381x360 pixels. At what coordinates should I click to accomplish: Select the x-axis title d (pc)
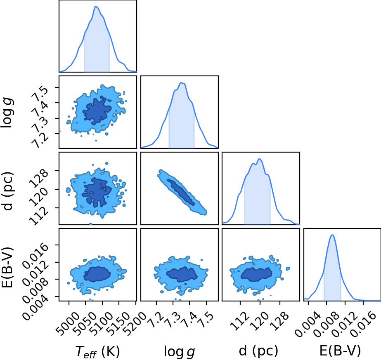pos(258,351)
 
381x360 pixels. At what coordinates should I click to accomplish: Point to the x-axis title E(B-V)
pos(340,351)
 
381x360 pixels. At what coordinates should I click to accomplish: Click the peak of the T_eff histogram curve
pos(96,6)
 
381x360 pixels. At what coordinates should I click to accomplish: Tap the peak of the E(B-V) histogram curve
pos(332,235)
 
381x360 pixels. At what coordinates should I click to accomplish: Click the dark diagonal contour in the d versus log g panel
pos(181,192)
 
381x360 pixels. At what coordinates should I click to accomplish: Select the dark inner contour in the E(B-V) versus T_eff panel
pos(97,274)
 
